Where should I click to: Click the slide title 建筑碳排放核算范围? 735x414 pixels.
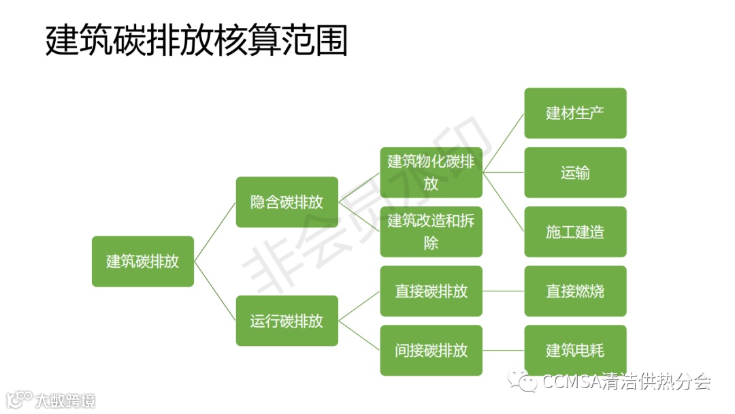[197, 42]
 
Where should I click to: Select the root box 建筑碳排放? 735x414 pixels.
[143, 261]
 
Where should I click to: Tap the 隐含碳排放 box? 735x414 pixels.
[287, 202]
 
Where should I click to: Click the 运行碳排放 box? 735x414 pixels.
[287, 321]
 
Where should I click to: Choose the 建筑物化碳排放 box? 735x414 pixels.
[431, 172]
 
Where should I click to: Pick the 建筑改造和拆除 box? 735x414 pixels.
[431, 232]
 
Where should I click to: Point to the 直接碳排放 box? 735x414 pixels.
[431, 291]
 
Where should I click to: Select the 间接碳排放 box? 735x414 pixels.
[431, 351]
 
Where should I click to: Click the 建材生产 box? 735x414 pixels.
[575, 113]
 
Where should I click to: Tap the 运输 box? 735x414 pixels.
[575, 172]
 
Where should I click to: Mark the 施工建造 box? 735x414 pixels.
[575, 232]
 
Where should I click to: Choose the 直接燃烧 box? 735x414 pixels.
[575, 291]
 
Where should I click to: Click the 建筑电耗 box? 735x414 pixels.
[575, 351]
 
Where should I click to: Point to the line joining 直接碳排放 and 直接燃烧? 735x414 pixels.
[503, 291]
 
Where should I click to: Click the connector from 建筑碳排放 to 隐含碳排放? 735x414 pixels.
[214, 232]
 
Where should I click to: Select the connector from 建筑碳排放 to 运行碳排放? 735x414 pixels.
[214, 291]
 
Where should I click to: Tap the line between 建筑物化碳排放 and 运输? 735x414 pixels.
[503, 172]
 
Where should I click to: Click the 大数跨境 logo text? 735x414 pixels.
[65, 400]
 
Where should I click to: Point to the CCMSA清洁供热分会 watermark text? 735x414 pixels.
[626, 383]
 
